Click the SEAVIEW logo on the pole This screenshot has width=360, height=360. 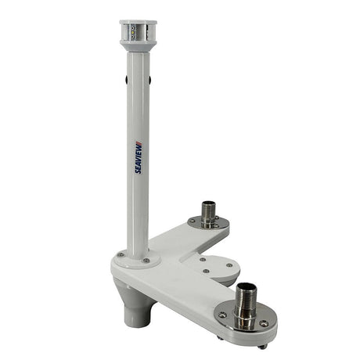tap(138, 157)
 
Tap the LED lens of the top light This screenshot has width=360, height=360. tap(138, 34)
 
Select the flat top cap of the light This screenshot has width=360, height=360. tap(138, 23)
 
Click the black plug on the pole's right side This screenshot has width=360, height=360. tap(153, 79)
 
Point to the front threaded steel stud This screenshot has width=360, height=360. tap(246, 301)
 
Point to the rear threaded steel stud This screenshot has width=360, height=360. tap(208, 213)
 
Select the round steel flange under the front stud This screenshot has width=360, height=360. tap(246, 319)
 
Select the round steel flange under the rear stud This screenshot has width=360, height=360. tap(208, 224)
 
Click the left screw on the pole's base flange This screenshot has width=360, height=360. tap(120, 255)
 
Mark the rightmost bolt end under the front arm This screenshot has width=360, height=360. tap(262, 345)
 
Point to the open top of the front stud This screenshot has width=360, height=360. tap(246, 286)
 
